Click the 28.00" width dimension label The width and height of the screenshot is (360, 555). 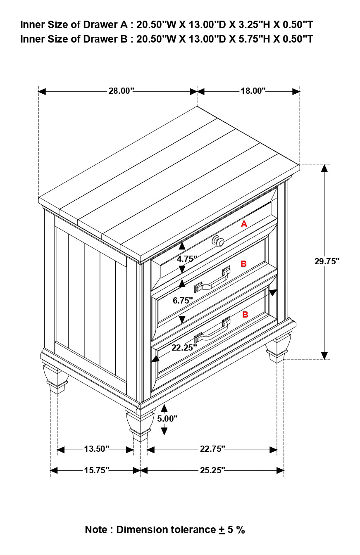[121, 91]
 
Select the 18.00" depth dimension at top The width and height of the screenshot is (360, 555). [253, 91]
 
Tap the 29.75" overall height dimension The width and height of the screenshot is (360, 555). [327, 261]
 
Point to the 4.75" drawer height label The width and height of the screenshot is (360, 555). [187, 259]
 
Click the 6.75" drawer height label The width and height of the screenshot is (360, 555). [183, 301]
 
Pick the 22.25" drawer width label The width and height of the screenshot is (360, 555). [184, 348]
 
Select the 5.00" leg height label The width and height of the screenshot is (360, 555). [167, 418]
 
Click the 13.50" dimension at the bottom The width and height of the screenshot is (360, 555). [96, 449]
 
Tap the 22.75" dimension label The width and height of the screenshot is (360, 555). [212, 449]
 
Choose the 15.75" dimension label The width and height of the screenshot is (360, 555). [96, 470]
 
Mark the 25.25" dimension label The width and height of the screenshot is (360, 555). [212, 470]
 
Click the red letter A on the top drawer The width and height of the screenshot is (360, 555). [244, 224]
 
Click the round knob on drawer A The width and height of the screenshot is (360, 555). [218, 241]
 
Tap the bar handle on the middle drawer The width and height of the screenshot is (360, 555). [212, 281]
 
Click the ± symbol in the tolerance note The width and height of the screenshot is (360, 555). [222, 530]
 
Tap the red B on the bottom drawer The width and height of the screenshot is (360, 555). [245, 314]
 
